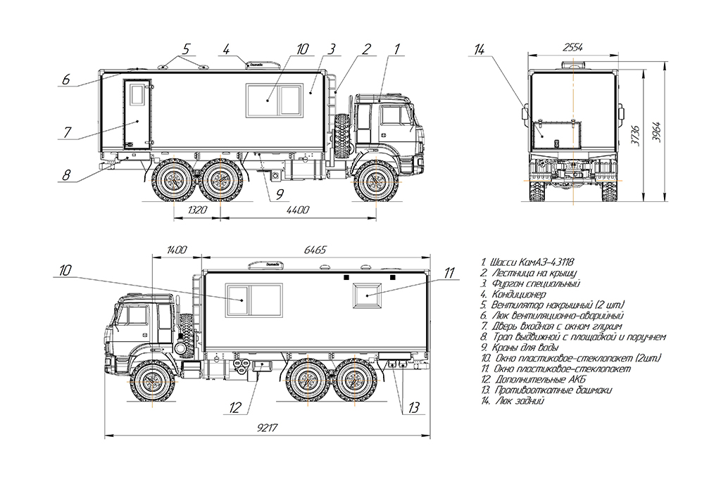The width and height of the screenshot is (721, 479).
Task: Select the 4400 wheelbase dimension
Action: tap(298, 210)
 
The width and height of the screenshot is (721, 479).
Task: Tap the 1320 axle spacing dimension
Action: tap(197, 210)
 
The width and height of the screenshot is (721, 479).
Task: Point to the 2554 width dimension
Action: tap(573, 47)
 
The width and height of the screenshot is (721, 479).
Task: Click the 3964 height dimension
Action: tap(657, 132)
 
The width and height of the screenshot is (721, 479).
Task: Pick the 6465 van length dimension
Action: tap(315, 250)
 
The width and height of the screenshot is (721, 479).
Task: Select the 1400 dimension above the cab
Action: tap(177, 250)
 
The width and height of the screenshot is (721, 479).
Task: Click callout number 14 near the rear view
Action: tap(479, 50)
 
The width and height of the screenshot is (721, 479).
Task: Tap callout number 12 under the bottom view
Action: tap(235, 407)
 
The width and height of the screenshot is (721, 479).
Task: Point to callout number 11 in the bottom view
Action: tap(449, 273)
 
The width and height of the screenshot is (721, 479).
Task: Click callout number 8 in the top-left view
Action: tap(67, 175)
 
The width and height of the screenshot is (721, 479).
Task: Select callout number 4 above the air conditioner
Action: tap(226, 49)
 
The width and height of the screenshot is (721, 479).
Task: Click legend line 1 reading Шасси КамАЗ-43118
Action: tap(527, 262)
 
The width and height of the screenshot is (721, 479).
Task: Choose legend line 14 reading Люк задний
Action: tap(513, 401)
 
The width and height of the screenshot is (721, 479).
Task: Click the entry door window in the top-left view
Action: tap(137, 95)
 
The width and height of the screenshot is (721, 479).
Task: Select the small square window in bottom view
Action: tap(367, 295)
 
